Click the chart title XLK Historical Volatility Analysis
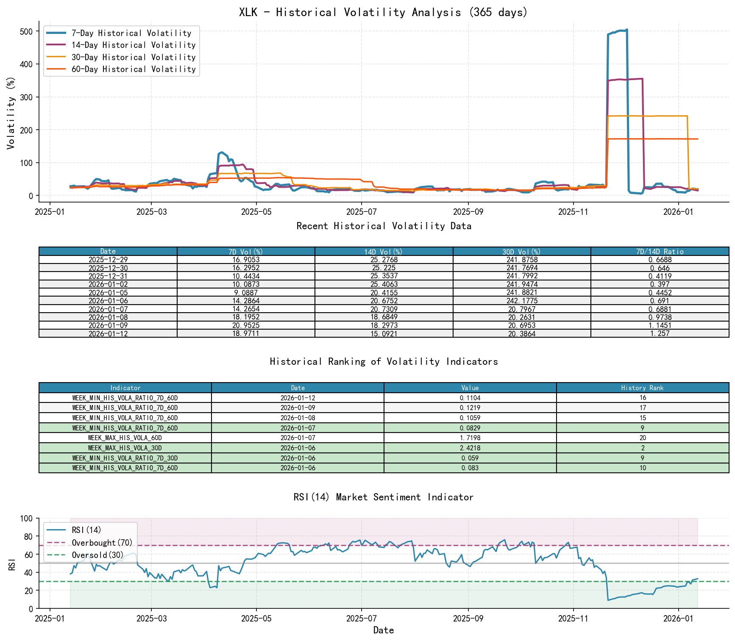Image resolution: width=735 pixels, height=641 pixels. [x=383, y=12]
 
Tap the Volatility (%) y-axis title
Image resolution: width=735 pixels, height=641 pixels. [x=11, y=113]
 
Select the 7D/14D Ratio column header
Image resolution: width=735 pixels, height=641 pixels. [x=660, y=252]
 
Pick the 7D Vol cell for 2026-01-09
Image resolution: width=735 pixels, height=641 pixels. [x=246, y=325]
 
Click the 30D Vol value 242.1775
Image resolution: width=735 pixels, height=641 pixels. [x=522, y=301]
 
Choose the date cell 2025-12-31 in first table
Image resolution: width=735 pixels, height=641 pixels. [x=108, y=276]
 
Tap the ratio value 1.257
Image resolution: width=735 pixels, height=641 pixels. [x=660, y=333]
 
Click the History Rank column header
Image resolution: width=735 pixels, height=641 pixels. [x=642, y=388]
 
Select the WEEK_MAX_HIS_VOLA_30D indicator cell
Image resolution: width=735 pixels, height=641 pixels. [x=125, y=448]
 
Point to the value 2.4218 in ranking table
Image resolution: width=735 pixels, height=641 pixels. [x=470, y=448]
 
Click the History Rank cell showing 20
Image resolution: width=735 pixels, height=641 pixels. [x=642, y=438]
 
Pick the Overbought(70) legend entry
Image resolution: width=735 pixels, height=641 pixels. [x=102, y=543]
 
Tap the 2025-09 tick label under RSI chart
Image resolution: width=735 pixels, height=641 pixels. [x=468, y=619]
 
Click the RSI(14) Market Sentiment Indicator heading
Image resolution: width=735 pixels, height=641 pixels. [x=383, y=497]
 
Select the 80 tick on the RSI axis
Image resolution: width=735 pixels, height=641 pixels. [x=28, y=536]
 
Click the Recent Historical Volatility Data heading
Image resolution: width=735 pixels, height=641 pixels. [x=384, y=226]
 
